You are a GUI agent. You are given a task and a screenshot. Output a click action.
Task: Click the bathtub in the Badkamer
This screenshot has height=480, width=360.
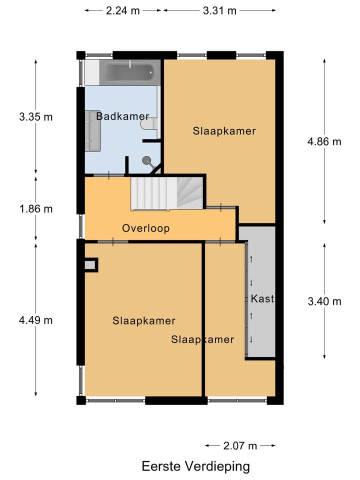[130, 72]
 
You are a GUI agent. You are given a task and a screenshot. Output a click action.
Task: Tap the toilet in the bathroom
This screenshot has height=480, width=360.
[149, 124]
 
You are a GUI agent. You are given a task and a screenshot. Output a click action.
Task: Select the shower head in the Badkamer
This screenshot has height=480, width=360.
[147, 160]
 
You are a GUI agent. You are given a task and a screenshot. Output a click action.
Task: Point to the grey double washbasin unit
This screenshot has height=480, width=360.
[93, 130]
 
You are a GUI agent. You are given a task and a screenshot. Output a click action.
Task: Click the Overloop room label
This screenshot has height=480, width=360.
[145, 228]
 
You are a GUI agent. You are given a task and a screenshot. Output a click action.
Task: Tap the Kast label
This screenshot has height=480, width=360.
[262, 298]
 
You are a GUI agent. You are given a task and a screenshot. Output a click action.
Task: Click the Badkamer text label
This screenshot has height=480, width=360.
[123, 116]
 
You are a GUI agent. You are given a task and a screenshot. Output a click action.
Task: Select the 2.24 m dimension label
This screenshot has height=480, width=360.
[123, 10]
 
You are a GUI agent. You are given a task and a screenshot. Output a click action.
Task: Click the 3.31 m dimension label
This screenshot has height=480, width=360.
[219, 10]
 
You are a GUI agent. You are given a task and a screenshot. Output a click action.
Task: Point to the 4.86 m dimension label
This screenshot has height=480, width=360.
[324, 141]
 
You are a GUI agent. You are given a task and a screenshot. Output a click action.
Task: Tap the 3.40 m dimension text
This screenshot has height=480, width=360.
[324, 301]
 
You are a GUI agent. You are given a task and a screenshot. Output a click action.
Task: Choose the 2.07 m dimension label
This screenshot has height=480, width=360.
[240, 445]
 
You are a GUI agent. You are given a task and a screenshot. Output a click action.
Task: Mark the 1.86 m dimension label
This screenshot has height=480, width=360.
[36, 209]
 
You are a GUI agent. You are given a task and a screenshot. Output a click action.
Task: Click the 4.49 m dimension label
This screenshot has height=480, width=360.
[36, 320]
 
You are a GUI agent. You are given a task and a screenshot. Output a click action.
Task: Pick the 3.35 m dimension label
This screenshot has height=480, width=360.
[36, 116]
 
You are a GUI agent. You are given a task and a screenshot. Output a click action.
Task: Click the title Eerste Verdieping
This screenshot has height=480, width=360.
[195, 466]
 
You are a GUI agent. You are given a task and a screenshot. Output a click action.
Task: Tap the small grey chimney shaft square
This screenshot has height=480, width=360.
[90, 265]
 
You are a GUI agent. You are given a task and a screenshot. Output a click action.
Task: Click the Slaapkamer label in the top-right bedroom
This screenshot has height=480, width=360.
[224, 131]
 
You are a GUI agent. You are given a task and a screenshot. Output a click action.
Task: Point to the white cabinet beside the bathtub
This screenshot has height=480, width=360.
[92, 72]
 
